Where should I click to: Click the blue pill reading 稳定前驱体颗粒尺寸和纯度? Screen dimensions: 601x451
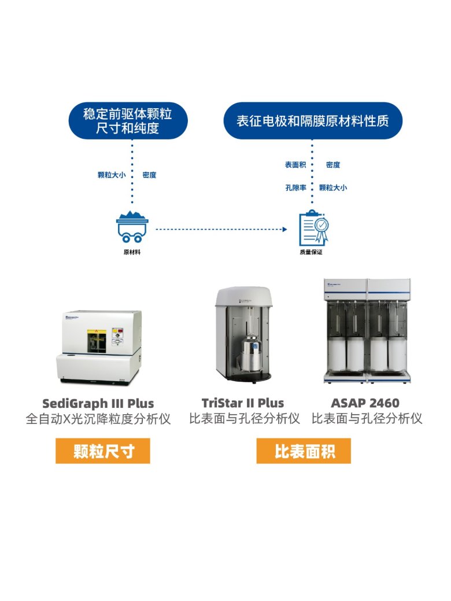coord(127,120)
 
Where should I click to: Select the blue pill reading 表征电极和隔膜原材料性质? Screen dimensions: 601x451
coord(312,121)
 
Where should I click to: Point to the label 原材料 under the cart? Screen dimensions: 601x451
coord(131,253)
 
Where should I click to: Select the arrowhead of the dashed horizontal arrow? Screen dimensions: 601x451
coord(284,230)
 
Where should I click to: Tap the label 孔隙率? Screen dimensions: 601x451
coord(295,187)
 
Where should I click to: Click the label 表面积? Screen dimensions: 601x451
coord(295,165)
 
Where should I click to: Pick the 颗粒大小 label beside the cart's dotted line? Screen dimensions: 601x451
coord(112,175)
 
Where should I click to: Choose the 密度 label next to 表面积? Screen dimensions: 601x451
coord(333,165)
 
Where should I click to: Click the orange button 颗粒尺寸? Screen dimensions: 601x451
coord(103,451)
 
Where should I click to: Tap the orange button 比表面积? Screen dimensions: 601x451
coord(304,451)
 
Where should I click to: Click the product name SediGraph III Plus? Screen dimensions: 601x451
coord(98,403)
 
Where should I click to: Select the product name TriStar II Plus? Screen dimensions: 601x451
coord(243,403)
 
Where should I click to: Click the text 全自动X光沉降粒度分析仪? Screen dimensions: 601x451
coord(98,419)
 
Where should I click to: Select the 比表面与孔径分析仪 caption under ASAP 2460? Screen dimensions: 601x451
coord(367,419)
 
